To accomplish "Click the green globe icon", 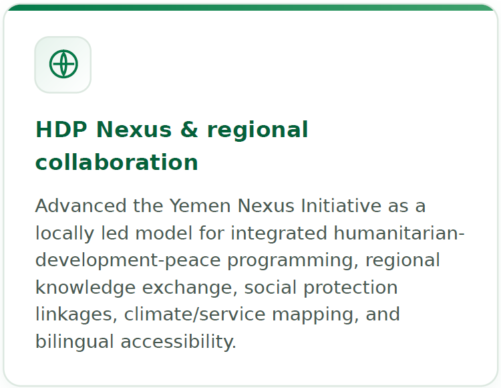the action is pyautogui.click(x=63, y=64).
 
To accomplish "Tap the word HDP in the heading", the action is pyautogui.click(x=61, y=130).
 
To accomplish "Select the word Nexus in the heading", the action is pyautogui.click(x=134, y=130).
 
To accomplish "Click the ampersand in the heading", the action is pyautogui.click(x=189, y=130).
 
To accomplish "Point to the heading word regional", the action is pyautogui.click(x=258, y=130).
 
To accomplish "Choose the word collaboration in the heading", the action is pyautogui.click(x=117, y=161).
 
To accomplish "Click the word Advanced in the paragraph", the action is pyautogui.click(x=81, y=205).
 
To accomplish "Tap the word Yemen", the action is pyautogui.click(x=200, y=205).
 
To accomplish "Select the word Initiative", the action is pyautogui.click(x=341, y=205).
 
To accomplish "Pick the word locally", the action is pyautogui.click(x=65, y=234).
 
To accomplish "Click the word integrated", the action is pyautogui.click(x=279, y=234).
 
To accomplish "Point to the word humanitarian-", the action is pyautogui.click(x=399, y=233).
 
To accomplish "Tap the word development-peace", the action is pyautogui.click(x=128, y=261).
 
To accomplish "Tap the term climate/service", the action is pyautogui.click(x=194, y=314).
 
